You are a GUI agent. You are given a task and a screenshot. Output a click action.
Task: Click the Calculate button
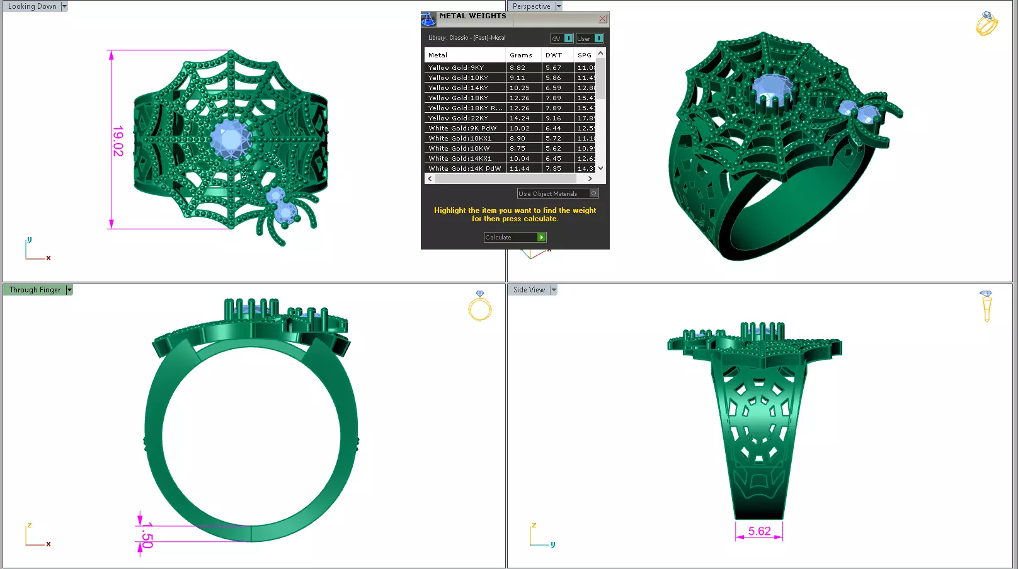[x=514, y=238]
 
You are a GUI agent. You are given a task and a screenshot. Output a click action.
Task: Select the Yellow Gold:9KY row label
[x=456, y=68]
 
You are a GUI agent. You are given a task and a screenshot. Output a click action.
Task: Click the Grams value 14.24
[x=519, y=118]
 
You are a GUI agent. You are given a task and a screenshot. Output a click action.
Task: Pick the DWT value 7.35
[x=553, y=169]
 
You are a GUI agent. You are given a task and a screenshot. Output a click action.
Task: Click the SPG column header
[x=584, y=55]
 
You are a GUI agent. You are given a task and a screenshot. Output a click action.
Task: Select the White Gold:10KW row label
[x=459, y=149]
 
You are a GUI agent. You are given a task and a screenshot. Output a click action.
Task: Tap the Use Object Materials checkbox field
[x=558, y=194]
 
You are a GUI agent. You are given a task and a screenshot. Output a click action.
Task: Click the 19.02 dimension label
[x=118, y=141]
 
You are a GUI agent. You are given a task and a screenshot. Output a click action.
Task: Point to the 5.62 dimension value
[x=759, y=531]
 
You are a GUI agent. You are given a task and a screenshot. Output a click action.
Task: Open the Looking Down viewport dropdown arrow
[x=64, y=6]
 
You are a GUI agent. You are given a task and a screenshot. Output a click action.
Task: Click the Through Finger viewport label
[x=35, y=290]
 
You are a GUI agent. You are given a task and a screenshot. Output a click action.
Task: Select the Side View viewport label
[x=529, y=290]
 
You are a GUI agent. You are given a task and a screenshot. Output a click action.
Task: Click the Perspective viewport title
[x=531, y=6]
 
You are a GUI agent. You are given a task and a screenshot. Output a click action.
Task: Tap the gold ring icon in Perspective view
[x=986, y=24]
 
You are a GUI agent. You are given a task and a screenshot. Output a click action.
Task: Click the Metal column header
[x=438, y=55]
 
